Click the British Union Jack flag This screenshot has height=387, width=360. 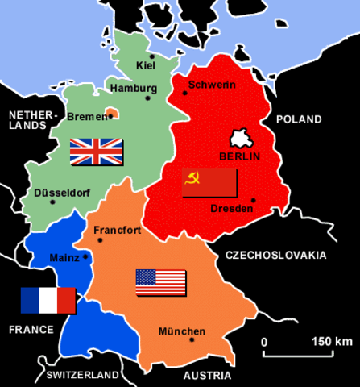pyautogui.click(x=96, y=151)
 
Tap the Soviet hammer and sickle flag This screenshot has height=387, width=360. pyautogui.click(x=209, y=181)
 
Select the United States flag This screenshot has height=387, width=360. pyautogui.click(x=161, y=282)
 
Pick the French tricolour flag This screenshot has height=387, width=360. pyautogui.click(x=48, y=300)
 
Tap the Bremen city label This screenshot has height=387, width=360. pyautogui.click(x=86, y=116)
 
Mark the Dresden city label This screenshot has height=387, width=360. pyautogui.click(x=231, y=209)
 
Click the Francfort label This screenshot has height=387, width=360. pyautogui.click(x=118, y=230)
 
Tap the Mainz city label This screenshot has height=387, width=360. pyautogui.click(x=64, y=258)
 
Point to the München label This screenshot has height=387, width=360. pyautogui.click(x=181, y=331)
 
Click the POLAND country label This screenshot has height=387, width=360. pyautogui.click(x=299, y=119)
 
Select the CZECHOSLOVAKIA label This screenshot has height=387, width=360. pyautogui.click(x=275, y=256)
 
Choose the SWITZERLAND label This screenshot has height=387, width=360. pyautogui.click(x=84, y=376)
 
